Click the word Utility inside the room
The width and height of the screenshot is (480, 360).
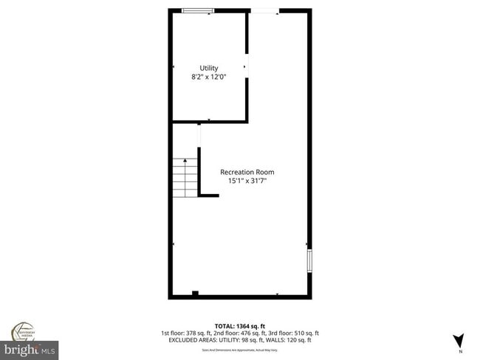[x=209, y=69]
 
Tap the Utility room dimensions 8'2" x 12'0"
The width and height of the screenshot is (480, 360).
[x=209, y=77]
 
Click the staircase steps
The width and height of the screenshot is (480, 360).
[x=185, y=179]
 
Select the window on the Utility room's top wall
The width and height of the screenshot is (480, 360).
[x=198, y=10]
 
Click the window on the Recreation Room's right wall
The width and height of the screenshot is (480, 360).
[x=309, y=261]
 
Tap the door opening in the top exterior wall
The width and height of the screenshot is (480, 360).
[x=264, y=10]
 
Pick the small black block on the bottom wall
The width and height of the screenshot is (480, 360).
[x=195, y=294]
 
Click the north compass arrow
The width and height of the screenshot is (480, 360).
[x=458, y=340]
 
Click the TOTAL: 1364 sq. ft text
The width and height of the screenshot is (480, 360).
[x=240, y=325]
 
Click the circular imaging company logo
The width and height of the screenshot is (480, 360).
[x=24, y=330]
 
